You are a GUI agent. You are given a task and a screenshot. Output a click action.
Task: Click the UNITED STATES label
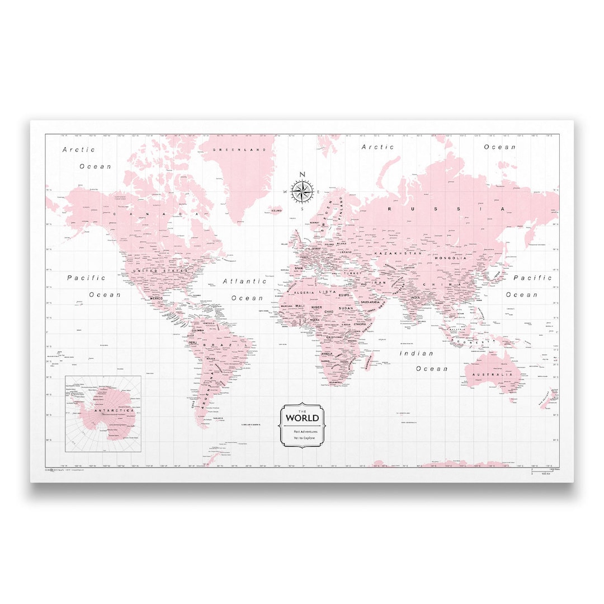pyautogui.click(x=159, y=270)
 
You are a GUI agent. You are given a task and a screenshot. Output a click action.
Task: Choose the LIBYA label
pyautogui.click(x=327, y=292)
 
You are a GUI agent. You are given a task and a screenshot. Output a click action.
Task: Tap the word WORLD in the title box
pyautogui.click(x=303, y=418)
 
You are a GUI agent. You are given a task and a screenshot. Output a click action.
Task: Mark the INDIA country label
pyautogui.click(x=415, y=298)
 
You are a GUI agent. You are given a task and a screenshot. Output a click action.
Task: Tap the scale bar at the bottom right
pyautogui.click(x=539, y=471)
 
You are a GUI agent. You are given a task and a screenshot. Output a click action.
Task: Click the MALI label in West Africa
pyautogui.click(x=300, y=306)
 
